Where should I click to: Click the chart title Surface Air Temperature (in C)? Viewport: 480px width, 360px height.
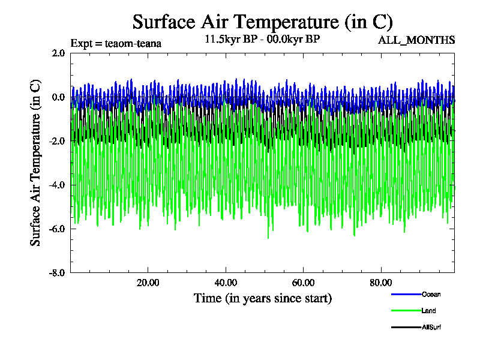click(262, 22)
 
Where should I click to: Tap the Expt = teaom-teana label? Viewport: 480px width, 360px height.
click(116, 43)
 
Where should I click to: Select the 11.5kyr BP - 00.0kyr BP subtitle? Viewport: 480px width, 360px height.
click(262, 40)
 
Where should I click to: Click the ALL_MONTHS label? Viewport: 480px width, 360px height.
click(416, 40)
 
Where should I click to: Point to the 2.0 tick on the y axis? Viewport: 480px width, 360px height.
click(58, 53)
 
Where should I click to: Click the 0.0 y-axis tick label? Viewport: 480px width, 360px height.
click(58, 97)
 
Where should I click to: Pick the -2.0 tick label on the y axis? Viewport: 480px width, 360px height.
click(57, 141)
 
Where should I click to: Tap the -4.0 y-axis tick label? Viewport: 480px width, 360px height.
click(57, 185)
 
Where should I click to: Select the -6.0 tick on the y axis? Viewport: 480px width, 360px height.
click(57, 229)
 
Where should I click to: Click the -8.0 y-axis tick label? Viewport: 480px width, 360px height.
click(57, 272)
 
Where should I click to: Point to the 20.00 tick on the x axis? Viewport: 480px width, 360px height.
click(148, 283)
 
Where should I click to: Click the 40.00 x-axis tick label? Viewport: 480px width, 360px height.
click(226, 283)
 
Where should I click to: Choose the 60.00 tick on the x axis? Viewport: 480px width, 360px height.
click(304, 283)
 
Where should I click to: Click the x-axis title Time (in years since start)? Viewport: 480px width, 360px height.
click(262, 298)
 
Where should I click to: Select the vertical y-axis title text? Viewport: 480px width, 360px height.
click(36, 162)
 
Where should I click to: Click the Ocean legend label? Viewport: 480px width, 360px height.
click(431, 294)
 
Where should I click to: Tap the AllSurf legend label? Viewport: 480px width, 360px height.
click(431, 327)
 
